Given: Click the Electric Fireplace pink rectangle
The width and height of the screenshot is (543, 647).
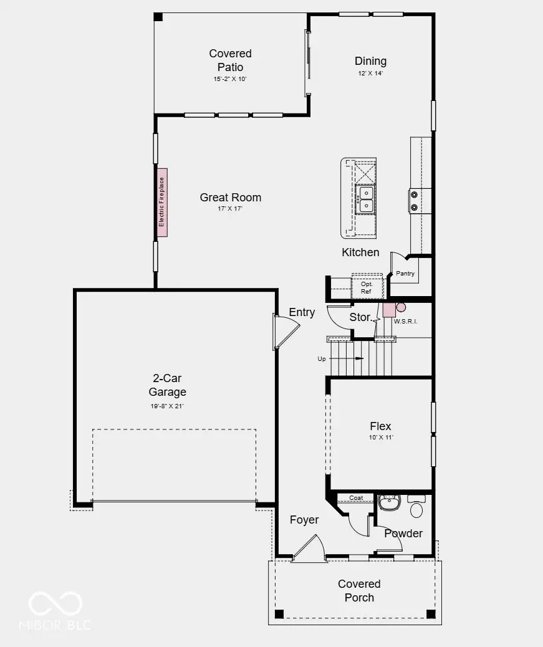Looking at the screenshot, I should (162, 202).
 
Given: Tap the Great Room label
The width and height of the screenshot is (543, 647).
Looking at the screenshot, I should (230, 198).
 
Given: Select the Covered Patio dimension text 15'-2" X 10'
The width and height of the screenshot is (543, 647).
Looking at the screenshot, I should (230, 79).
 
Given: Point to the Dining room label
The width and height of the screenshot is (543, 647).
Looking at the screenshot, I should (370, 61).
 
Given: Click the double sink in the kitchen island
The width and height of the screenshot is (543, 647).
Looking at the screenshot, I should (365, 199).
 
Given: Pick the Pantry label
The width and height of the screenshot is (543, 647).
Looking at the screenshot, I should (405, 274).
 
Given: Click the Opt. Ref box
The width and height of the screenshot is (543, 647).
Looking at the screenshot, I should (367, 288).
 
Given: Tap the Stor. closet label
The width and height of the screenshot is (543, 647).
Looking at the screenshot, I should (360, 317).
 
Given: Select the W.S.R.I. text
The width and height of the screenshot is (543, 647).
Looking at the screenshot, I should (405, 322).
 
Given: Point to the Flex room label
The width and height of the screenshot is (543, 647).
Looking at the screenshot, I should (380, 426).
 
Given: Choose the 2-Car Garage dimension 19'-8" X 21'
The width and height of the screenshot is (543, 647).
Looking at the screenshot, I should (167, 406).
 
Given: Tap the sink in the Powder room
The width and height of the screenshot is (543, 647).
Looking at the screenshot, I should (389, 502).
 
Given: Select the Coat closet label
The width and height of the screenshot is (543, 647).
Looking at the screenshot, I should (356, 498).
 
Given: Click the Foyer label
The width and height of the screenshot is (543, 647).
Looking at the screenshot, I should (304, 520).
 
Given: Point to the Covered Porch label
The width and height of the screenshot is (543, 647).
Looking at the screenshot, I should (359, 591).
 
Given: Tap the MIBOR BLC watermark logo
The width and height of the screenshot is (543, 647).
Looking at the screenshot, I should (55, 611).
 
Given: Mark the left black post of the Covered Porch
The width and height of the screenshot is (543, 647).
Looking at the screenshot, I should (279, 614).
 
